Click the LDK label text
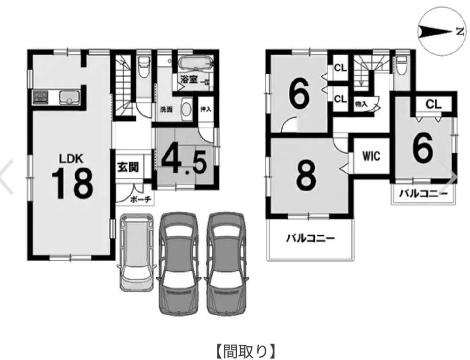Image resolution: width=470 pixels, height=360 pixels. (x=71, y=159)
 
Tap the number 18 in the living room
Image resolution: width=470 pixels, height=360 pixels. (x=72, y=184)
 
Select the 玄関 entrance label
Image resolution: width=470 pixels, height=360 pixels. (x=128, y=167)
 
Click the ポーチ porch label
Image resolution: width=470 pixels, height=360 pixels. (x=141, y=200)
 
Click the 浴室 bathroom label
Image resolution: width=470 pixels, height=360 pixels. (x=189, y=80)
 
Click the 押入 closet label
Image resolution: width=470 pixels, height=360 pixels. (x=206, y=109)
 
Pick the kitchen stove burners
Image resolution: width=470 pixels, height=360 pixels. (x=40, y=97)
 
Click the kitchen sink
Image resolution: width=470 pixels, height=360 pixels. (x=69, y=97)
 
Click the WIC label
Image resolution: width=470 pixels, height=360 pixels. (x=371, y=156)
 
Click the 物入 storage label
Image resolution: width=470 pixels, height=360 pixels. (x=361, y=104)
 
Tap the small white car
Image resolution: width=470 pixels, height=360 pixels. (x=136, y=252)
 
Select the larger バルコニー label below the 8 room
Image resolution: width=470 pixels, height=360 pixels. (x=310, y=239)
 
